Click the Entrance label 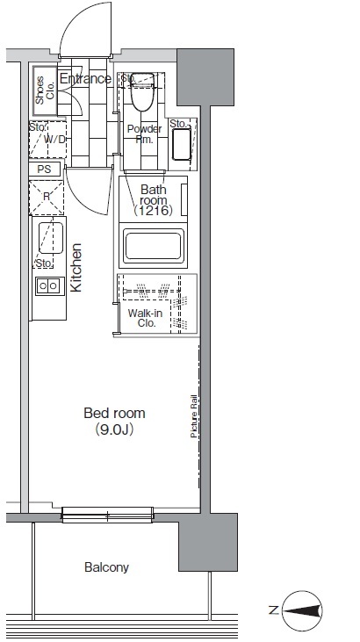coord(85,79)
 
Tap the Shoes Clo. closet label coord(45,90)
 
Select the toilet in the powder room coord(141,91)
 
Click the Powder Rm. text coord(144,133)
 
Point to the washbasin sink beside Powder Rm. coord(181,145)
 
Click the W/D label coord(55,140)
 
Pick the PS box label coord(44,170)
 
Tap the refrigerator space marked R coord(47,198)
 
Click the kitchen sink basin coord(51,237)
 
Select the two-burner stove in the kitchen coord(49,285)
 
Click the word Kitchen coord(76,267)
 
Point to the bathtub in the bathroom coord(154,246)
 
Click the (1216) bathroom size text coord(154,211)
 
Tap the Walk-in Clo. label coord(145,318)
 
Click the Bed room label coord(114,413)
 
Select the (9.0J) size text coord(114,429)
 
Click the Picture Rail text coord(194,416)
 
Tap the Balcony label coord(106,567)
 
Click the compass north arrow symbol coord(302,611)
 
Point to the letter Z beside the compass coord(274,610)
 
